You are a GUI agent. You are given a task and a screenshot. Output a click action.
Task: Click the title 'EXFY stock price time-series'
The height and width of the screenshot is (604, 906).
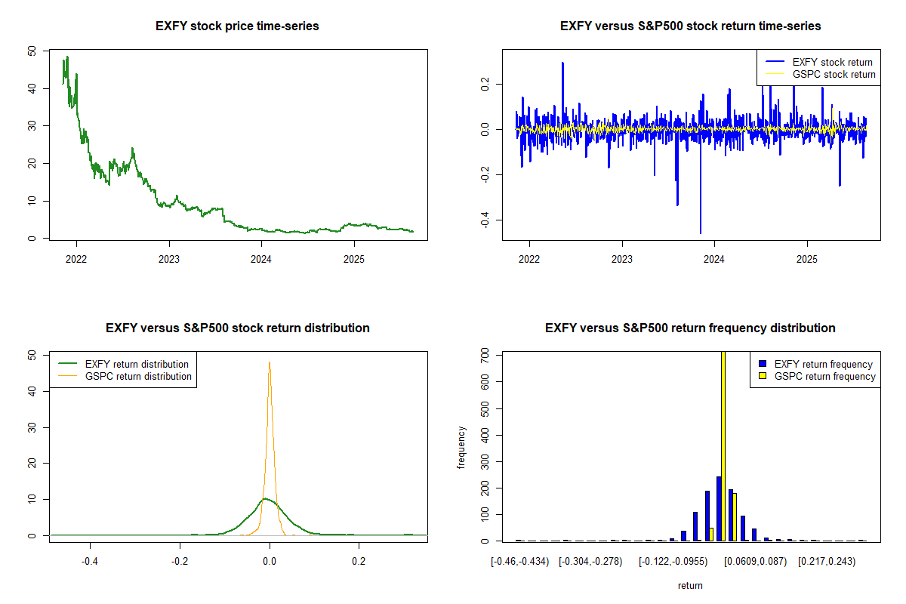pyautogui.click(x=237, y=26)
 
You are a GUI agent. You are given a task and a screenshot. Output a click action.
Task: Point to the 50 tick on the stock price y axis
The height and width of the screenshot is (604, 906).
pyautogui.click(x=31, y=51)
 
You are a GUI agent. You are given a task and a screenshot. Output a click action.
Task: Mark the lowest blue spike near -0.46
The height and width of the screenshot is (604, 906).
pyautogui.click(x=700, y=232)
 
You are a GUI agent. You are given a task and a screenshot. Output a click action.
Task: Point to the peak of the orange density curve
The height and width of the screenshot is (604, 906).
pyautogui.click(x=270, y=362)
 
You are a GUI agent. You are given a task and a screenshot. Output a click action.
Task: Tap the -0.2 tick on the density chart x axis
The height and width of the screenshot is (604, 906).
pyautogui.click(x=180, y=561)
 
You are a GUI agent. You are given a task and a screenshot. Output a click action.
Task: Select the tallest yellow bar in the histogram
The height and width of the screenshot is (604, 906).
pyautogui.click(x=723, y=445)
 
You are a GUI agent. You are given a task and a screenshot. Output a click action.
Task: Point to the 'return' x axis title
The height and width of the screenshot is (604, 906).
pyautogui.click(x=690, y=585)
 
